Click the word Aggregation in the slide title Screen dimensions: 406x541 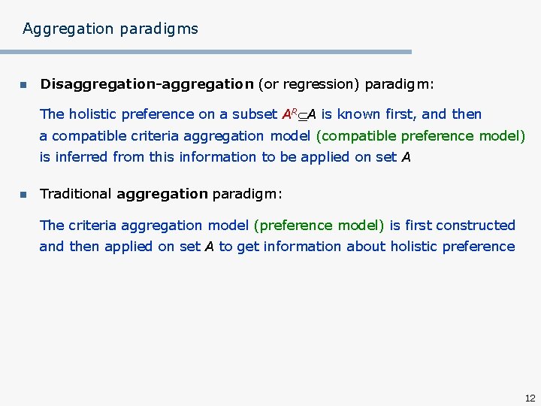pos(66,29)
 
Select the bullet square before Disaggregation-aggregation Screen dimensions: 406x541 pos(23,85)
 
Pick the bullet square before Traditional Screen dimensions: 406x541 pos(23,195)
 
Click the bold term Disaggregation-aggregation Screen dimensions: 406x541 pos(147,84)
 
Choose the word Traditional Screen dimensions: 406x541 pos(76,194)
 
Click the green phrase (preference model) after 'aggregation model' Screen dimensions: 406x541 pos(319,226)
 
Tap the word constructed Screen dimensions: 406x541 pos(476,226)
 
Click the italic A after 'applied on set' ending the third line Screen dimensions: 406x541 pos(406,157)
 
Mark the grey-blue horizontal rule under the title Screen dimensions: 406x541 pos(206,52)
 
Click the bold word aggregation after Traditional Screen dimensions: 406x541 pos(162,194)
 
